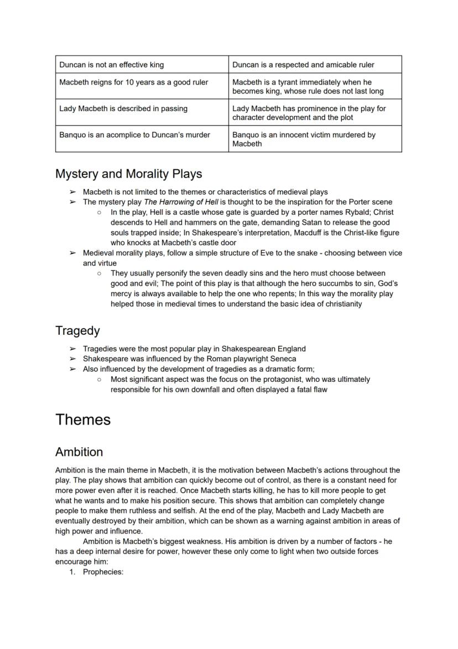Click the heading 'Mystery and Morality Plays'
(x=128, y=174)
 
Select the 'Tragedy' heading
(x=77, y=331)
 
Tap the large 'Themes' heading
(x=83, y=419)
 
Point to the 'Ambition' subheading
(x=79, y=452)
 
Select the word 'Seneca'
(x=283, y=359)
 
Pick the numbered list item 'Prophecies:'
(x=103, y=572)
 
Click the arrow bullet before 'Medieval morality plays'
(x=72, y=253)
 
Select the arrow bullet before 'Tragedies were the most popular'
(x=72, y=349)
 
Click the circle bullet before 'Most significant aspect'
(x=99, y=380)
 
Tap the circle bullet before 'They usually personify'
(x=99, y=273)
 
